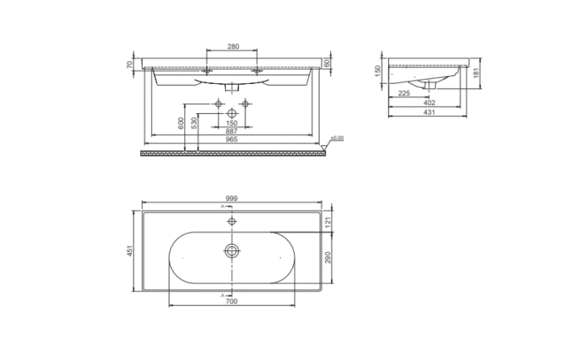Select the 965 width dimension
(232, 140)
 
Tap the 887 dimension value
(232, 131)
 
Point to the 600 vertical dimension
(181, 123)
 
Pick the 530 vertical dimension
(194, 123)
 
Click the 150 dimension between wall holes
(232, 123)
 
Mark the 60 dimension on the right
(327, 63)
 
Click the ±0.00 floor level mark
(337, 139)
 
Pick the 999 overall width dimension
(232, 197)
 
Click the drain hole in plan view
(232, 250)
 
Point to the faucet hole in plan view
(232, 220)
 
